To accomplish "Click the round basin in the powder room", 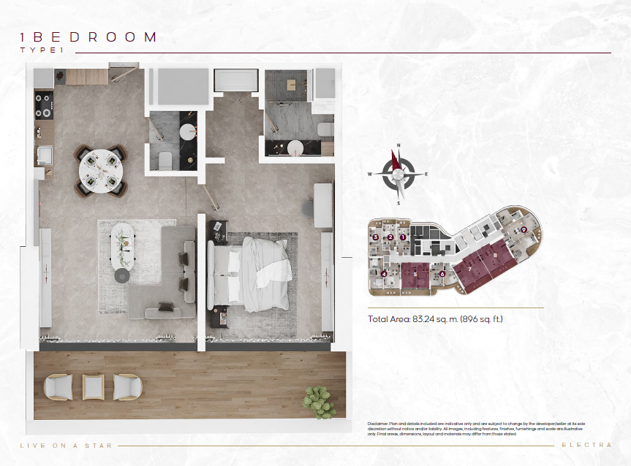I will [x=189, y=132].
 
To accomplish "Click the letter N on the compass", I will [x=398, y=145].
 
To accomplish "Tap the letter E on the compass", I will [x=426, y=174].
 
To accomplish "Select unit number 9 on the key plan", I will [x=524, y=229].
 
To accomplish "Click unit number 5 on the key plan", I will [x=415, y=274].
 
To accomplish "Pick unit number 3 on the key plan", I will [x=375, y=237].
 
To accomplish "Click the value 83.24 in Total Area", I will [x=424, y=319].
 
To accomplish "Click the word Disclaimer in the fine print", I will [x=379, y=424].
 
